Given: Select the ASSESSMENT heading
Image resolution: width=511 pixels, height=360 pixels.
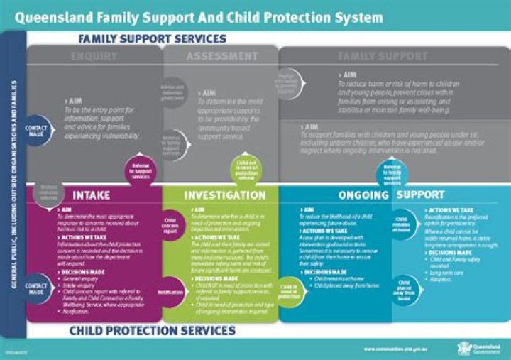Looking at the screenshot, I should (x=222, y=56).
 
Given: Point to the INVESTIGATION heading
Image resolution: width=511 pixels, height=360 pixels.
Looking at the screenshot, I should (x=225, y=195).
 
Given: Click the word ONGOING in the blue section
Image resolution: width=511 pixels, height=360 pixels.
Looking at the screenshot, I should (x=363, y=195).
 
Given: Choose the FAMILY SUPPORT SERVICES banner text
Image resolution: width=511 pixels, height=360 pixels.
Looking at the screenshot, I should (x=153, y=38).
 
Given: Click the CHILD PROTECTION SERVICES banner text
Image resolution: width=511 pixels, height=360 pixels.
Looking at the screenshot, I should (x=153, y=330).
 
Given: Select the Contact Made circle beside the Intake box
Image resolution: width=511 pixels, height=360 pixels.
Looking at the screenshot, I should (x=35, y=288).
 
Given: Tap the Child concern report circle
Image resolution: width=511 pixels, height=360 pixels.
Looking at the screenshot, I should (x=171, y=225).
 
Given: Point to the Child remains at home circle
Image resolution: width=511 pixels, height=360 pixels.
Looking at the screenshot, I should (x=401, y=225).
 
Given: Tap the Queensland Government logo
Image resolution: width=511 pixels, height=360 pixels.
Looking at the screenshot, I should (x=472, y=348).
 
